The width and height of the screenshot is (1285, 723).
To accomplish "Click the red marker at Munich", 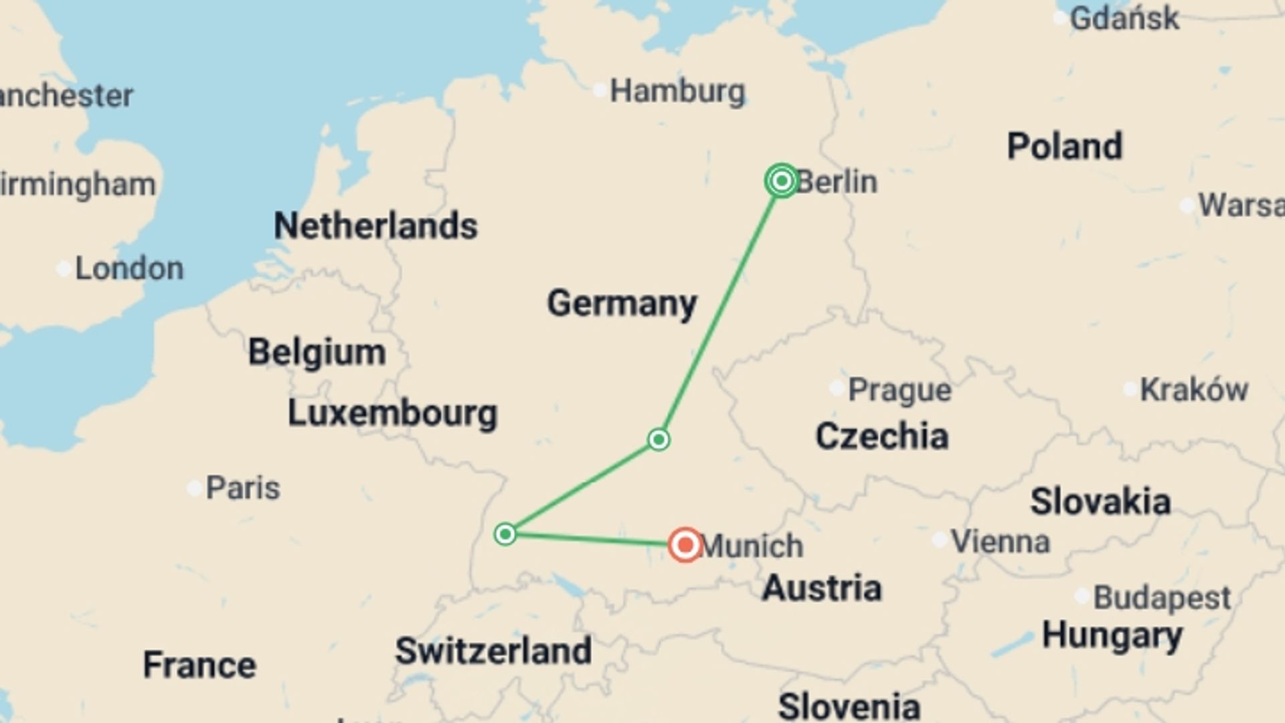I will click(685, 545).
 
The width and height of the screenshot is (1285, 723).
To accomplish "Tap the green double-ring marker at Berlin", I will click(781, 181).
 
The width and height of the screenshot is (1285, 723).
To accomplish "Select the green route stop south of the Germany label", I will click(659, 440).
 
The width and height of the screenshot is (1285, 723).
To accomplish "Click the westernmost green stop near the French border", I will click(505, 534).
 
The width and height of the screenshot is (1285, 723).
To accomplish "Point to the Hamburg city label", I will click(677, 91).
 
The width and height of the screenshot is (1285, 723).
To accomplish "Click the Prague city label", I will click(899, 390).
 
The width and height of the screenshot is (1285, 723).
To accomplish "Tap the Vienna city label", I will click(1000, 541).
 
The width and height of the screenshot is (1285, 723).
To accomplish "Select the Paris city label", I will click(242, 487).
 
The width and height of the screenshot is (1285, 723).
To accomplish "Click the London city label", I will click(129, 268).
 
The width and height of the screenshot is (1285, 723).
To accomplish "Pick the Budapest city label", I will click(1161, 597).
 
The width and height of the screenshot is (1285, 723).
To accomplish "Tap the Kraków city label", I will click(1193, 390).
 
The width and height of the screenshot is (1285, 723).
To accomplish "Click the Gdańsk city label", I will click(1124, 18).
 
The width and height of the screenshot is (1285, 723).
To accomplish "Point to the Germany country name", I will click(622, 303).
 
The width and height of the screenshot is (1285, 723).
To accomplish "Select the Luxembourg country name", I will click(392, 413).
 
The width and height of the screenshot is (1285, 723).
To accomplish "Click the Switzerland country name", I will click(493, 651).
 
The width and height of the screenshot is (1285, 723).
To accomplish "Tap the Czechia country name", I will click(881, 436).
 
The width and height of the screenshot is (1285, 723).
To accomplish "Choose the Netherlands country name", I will click(375, 226).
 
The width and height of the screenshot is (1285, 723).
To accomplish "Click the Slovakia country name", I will click(1100, 501).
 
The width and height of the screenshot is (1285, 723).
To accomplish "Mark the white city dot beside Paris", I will click(194, 488).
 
